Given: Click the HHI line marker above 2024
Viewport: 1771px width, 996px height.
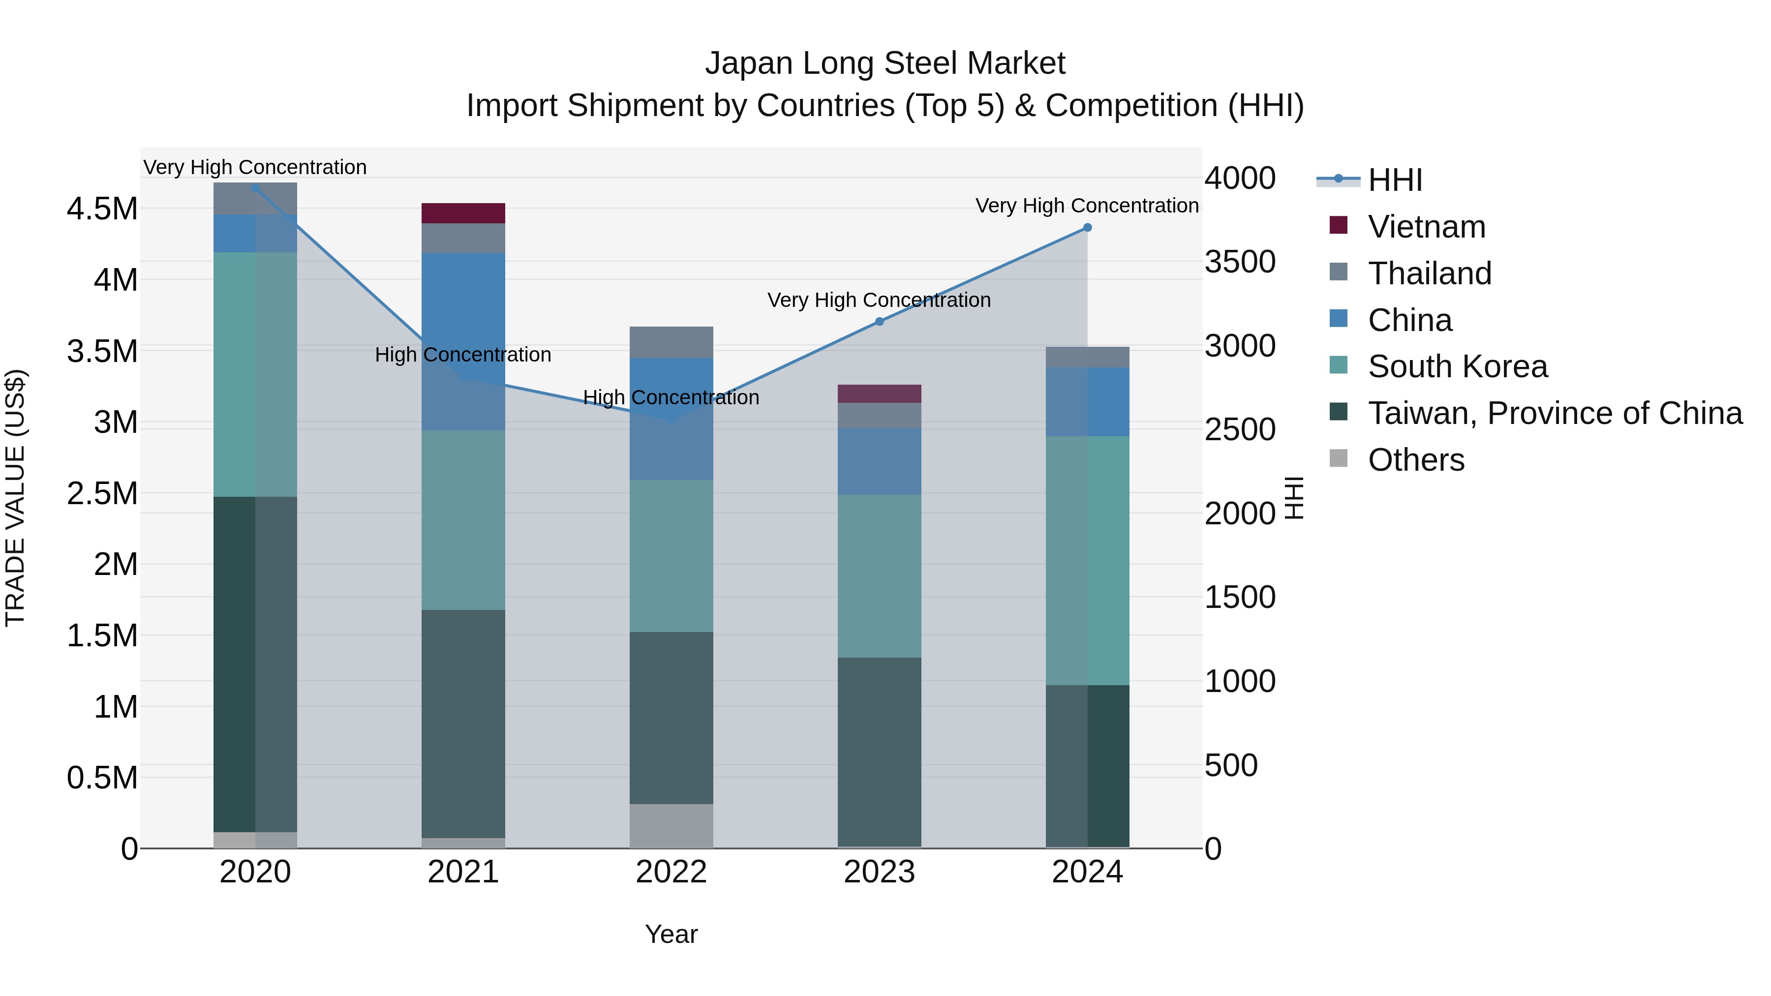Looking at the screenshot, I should pyautogui.click(x=1087, y=228).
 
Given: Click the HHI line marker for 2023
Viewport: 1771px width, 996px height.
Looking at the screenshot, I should pyautogui.click(x=879, y=321).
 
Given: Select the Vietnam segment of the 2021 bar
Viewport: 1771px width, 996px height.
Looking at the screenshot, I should pyautogui.click(x=463, y=213).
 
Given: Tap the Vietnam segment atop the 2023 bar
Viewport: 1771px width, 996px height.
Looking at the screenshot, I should pyautogui.click(x=879, y=394).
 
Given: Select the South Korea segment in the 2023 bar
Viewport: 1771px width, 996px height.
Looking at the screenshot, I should pyautogui.click(x=879, y=576).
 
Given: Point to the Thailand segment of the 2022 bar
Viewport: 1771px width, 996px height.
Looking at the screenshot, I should pyautogui.click(x=671, y=342).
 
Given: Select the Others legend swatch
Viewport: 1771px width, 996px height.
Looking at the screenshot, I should pyautogui.click(x=1339, y=458).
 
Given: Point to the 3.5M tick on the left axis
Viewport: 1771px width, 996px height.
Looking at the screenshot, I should pyautogui.click(x=102, y=351).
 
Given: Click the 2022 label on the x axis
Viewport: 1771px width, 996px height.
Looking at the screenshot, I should pyautogui.click(x=671, y=872).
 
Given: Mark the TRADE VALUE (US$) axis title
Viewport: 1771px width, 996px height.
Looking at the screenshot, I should pyautogui.click(x=16, y=498).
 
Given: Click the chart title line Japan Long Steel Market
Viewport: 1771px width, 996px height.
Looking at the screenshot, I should pyautogui.click(x=885, y=63).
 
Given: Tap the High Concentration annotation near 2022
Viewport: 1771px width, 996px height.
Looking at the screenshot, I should pyautogui.click(x=671, y=397).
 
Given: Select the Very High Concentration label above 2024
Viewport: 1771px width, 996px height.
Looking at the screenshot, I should pyautogui.click(x=1086, y=206).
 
